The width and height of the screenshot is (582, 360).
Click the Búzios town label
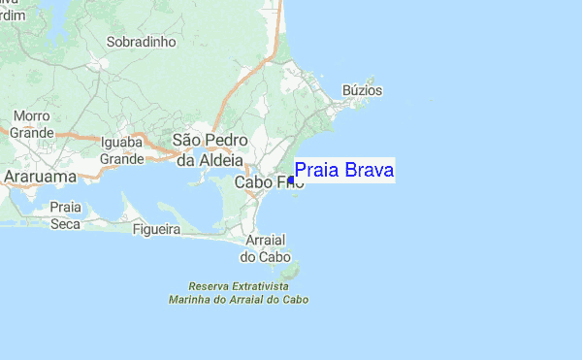[x=364, y=91]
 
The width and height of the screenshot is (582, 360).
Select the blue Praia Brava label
[x=343, y=172]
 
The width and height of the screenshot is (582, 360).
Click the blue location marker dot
[x=291, y=180]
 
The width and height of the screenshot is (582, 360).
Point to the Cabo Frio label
[x=262, y=181]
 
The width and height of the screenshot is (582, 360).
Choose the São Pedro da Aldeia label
[x=211, y=149]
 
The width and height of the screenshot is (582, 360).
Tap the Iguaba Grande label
[x=122, y=150]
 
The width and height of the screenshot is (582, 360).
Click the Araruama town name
[x=43, y=177]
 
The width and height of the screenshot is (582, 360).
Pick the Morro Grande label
[x=31, y=124]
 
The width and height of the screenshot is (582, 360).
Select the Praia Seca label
[x=66, y=215]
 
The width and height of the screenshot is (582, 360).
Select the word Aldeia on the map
[x=226, y=159]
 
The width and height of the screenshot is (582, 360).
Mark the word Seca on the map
[x=66, y=223]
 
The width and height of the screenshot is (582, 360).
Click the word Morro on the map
[x=31, y=116]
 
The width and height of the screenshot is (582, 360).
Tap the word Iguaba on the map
[x=122, y=143]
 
